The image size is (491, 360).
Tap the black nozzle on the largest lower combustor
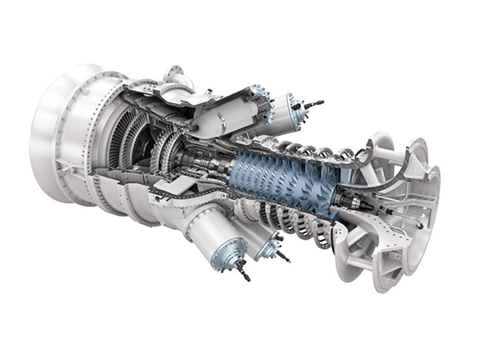(243, 272)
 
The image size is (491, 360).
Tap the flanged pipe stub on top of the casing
(176, 75)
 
